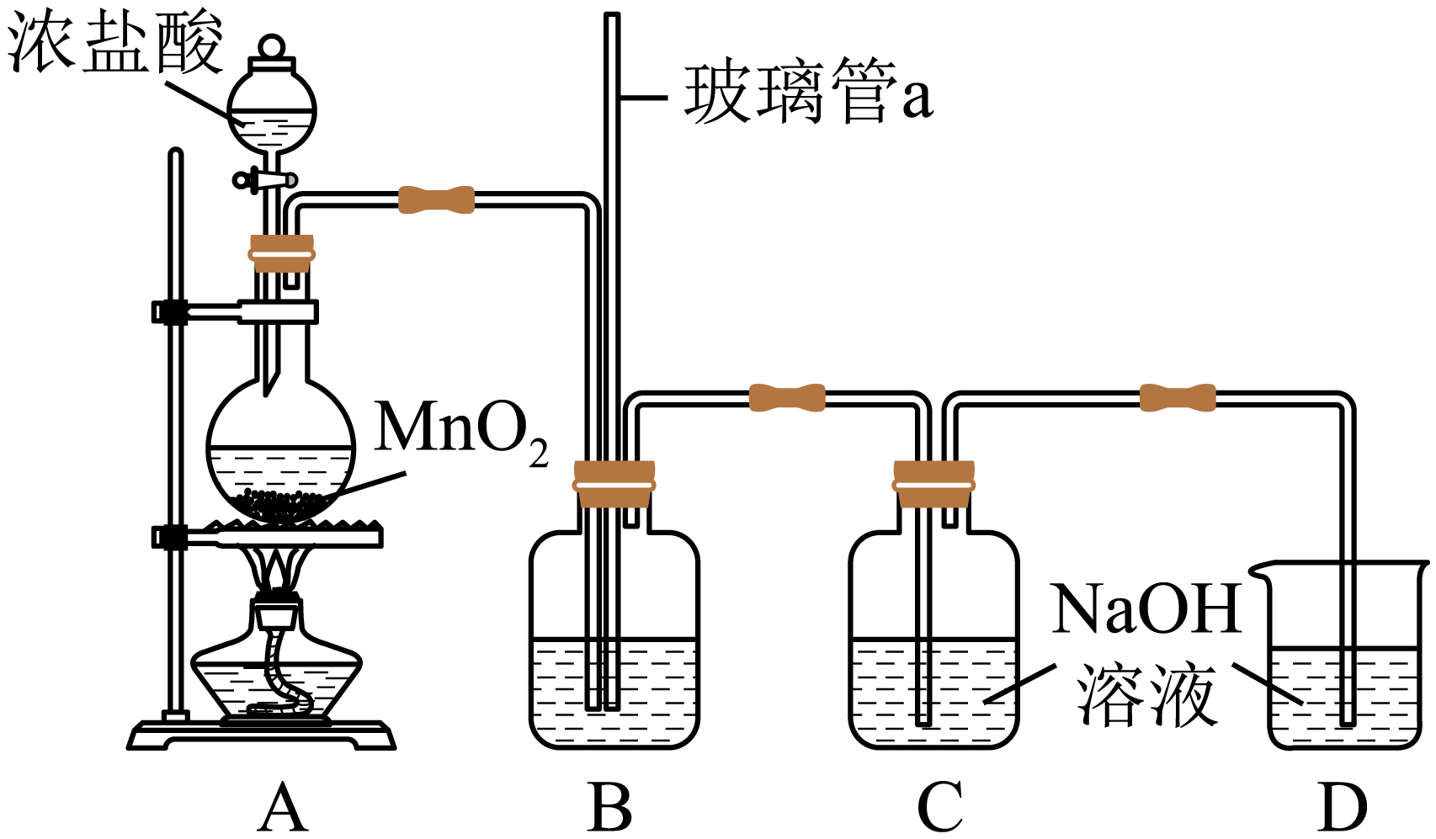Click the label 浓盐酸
(x=116, y=42)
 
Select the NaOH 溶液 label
(x=1146, y=652)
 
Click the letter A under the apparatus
(x=282, y=808)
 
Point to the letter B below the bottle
(x=610, y=808)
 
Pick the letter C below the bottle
(x=939, y=808)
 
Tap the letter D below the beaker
(x=1342, y=808)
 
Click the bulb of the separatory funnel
(x=272, y=109)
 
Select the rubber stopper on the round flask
(x=281, y=252)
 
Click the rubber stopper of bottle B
(x=614, y=484)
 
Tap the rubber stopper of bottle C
(x=933, y=484)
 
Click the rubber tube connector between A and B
(x=435, y=200)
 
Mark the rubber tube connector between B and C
(x=787, y=397)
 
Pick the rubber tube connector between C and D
(x=1178, y=397)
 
